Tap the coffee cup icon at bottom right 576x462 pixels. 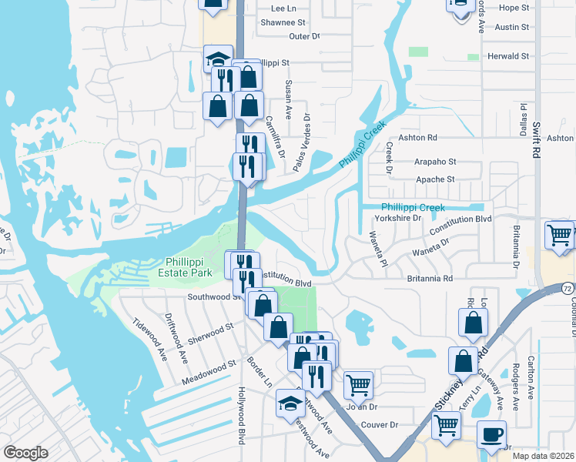[x=491, y=434]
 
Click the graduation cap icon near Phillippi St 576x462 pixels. [x=218, y=59]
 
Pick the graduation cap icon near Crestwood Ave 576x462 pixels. [x=290, y=403]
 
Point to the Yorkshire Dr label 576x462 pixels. [x=396, y=218]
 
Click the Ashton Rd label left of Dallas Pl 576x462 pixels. [x=422, y=137]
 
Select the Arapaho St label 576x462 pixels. [x=436, y=162]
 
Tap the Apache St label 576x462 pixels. [x=436, y=179]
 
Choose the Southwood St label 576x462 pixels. [x=209, y=296]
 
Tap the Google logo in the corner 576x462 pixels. [x=25, y=453]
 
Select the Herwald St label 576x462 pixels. [x=509, y=56]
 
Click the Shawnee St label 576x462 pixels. [x=286, y=22]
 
